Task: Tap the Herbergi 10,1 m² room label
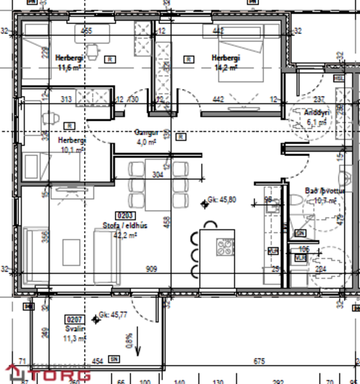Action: tap(72, 145)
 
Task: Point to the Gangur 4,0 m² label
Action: tap(147, 137)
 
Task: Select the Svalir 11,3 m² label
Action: tap(74, 334)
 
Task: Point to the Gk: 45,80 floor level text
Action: tap(222, 200)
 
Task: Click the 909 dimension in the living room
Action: tap(151, 269)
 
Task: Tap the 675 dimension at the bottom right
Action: tap(259, 361)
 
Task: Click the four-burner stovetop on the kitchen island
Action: tap(225, 248)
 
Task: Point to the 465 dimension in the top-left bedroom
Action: tap(86, 30)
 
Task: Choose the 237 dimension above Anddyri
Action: tap(319, 99)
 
